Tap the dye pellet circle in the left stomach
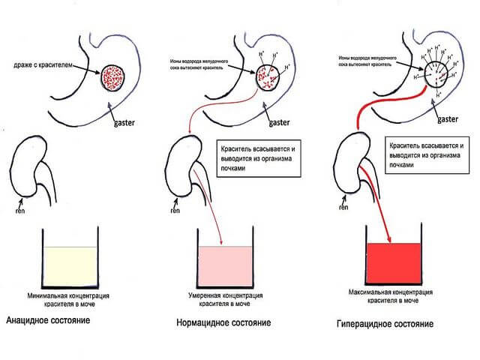pyautogui.click(x=116, y=78)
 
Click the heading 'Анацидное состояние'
pyautogui.click(x=49, y=321)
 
